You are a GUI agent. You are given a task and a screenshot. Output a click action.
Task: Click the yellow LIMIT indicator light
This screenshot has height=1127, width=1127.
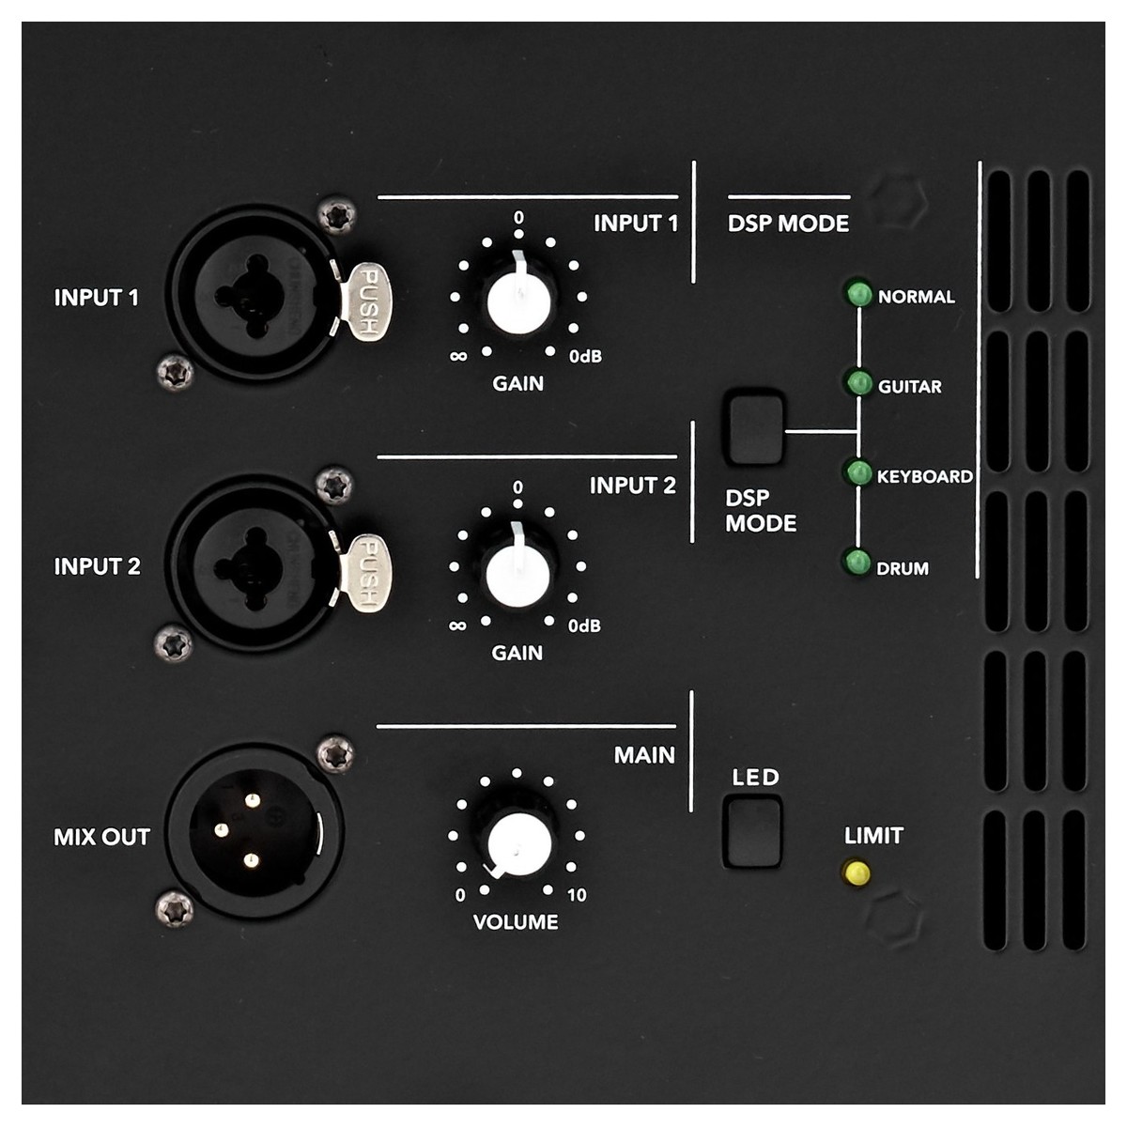tap(857, 873)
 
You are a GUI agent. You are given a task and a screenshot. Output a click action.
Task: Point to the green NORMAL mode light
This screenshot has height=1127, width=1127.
tap(858, 294)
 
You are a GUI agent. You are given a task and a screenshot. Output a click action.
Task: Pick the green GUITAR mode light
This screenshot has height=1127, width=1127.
tap(858, 383)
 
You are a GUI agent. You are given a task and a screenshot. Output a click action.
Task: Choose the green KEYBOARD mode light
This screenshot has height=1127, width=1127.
tap(858, 473)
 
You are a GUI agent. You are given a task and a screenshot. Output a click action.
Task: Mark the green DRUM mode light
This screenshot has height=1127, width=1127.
tap(857, 563)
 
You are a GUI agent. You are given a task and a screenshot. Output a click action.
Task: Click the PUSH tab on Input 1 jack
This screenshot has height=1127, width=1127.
tap(366, 301)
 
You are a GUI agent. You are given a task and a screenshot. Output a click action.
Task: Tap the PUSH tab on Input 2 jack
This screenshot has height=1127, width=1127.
tap(366, 573)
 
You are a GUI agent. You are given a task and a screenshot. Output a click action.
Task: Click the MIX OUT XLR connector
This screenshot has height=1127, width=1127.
tap(255, 831)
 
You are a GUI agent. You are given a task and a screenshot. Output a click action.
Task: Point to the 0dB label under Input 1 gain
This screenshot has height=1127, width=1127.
tap(585, 356)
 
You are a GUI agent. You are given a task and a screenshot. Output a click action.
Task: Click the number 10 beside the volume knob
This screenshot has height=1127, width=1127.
tap(576, 895)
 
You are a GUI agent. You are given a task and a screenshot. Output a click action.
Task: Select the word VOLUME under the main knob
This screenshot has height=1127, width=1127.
tap(516, 922)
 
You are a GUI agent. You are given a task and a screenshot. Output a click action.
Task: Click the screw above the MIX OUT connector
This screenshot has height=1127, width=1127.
tap(335, 753)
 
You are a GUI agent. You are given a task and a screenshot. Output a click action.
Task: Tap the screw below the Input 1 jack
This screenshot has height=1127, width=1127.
tap(176, 371)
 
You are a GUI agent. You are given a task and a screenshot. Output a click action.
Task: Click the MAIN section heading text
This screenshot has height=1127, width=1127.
tap(644, 755)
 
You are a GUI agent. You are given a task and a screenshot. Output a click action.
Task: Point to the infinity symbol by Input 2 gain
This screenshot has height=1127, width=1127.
tap(457, 625)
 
